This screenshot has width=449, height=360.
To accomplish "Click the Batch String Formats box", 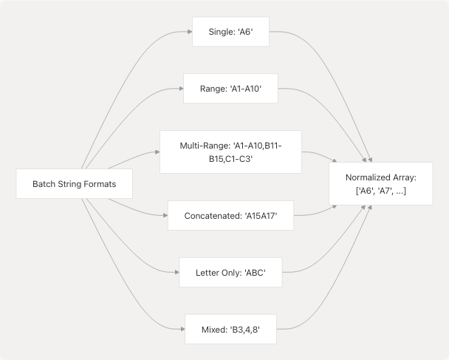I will coord(74,184).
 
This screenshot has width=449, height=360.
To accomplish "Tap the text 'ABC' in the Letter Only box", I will coord(250,273).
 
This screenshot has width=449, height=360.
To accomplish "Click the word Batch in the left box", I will coord(45,184).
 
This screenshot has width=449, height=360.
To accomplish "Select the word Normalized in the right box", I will coord(369,178).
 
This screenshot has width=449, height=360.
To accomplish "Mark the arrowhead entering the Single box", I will coord(189,33).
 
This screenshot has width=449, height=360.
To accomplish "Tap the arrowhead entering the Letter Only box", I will coord(176,273).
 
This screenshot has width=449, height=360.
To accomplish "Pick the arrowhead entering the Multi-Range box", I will coord(157,152).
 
